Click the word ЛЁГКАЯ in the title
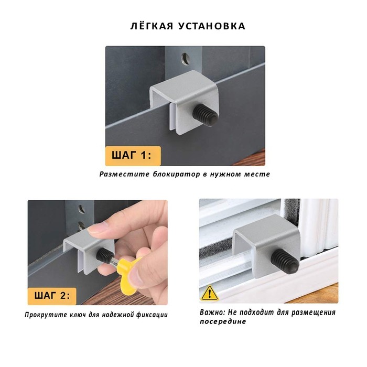pos(152,26)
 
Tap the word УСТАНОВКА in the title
pos(212,26)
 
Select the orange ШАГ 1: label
pos(133,156)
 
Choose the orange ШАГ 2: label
pos(52,296)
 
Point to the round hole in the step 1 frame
pos(186,58)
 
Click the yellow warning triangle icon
pos(210,293)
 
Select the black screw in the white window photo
pos(285,261)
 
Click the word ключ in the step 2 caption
pos(78,315)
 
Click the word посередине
pos(223,321)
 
